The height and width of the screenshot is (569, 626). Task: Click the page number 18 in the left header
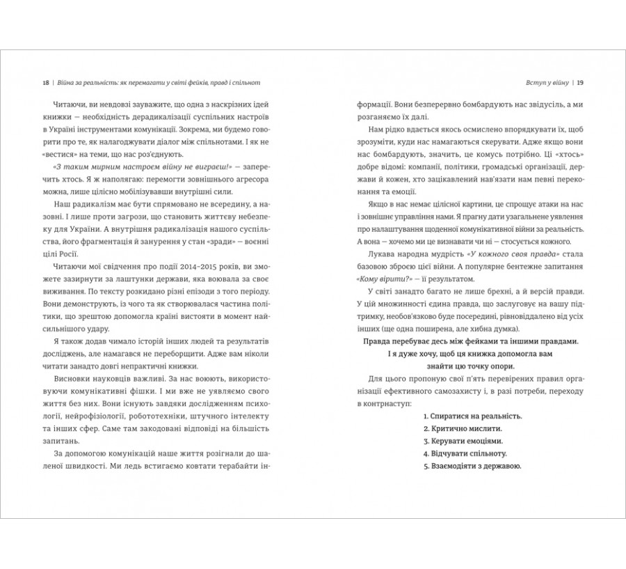pyautogui.click(x=45, y=83)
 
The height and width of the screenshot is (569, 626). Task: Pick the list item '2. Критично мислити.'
pyautogui.click(x=461, y=428)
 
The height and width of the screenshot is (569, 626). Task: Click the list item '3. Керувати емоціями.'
pyautogui.click(x=463, y=441)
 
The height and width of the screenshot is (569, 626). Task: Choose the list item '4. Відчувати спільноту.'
pyautogui.click(x=466, y=453)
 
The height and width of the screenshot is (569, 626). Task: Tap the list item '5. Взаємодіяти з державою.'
pyautogui.click(x=472, y=466)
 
